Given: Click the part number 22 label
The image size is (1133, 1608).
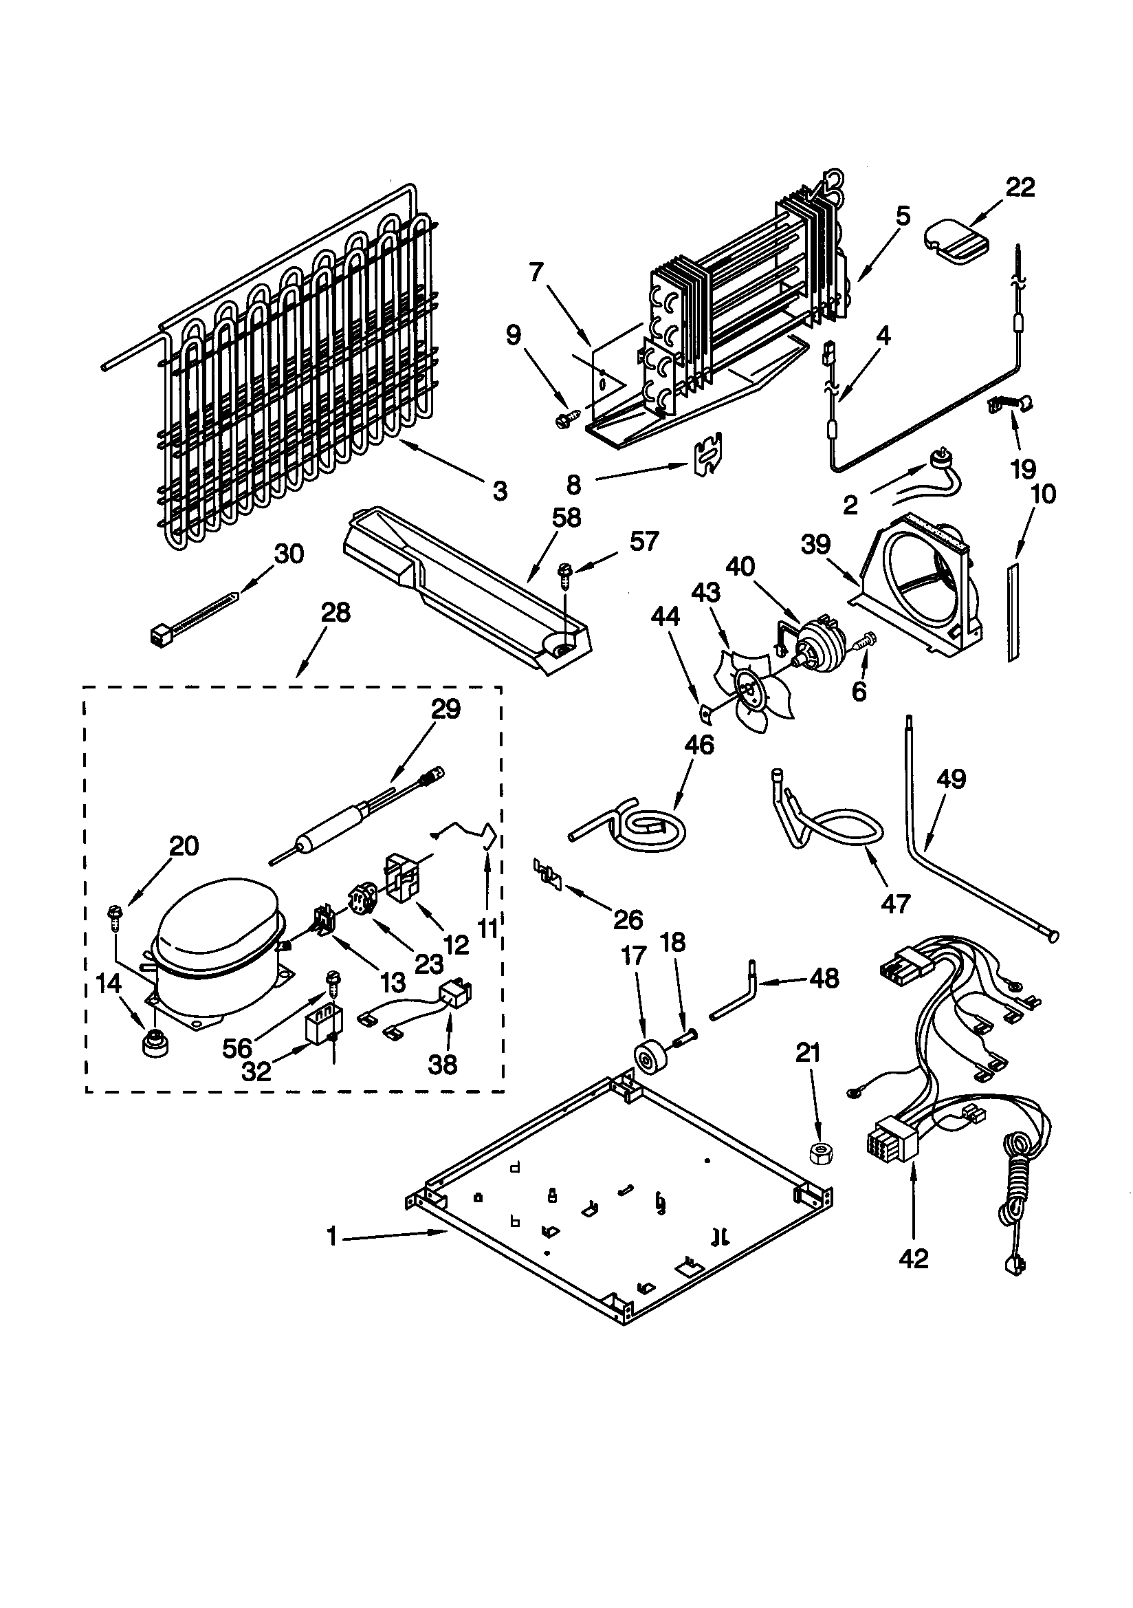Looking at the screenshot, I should coord(1020,188).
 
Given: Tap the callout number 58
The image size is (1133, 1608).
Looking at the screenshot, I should coord(566,519).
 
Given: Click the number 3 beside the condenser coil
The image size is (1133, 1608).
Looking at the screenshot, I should coord(499,492).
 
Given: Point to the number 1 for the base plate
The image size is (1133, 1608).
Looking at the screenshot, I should coord(332,1237).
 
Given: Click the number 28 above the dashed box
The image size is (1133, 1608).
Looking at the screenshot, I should coord(335,613).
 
